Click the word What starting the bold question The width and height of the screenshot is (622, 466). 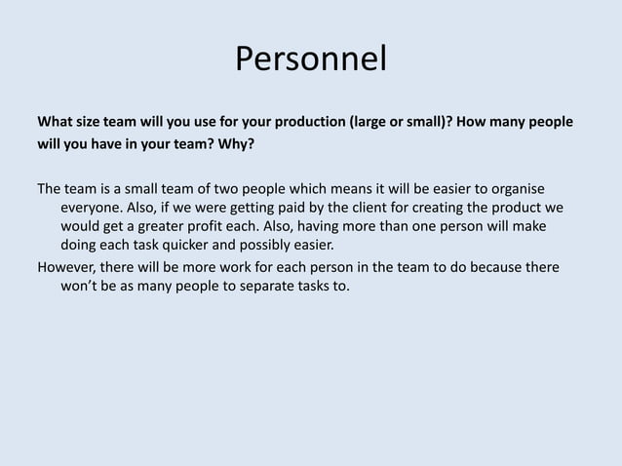[57, 124]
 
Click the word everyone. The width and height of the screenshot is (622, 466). [93, 208]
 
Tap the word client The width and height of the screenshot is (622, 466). [337, 208]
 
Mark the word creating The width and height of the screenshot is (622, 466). [408, 208]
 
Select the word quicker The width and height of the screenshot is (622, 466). [197, 245]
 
